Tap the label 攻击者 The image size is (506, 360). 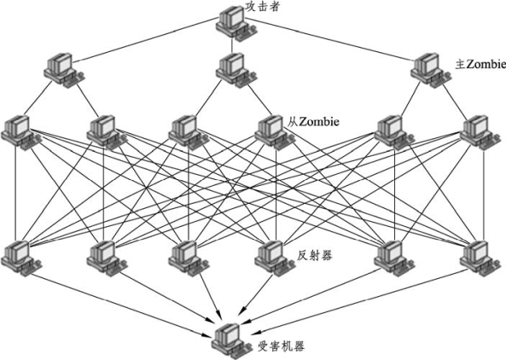click(x=262, y=7)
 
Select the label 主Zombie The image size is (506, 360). click(x=480, y=64)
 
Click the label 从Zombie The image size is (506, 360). click(x=313, y=122)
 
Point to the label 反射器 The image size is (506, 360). click(x=314, y=255)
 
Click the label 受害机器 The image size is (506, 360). click(x=281, y=346)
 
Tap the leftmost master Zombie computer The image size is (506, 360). click(x=65, y=70)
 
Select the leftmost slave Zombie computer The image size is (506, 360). click(x=21, y=132)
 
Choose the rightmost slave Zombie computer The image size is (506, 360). click(x=480, y=132)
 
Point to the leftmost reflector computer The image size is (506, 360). click(x=21, y=258)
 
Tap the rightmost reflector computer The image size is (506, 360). click(x=480, y=258)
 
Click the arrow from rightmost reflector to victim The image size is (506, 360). click(x=360, y=301)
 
